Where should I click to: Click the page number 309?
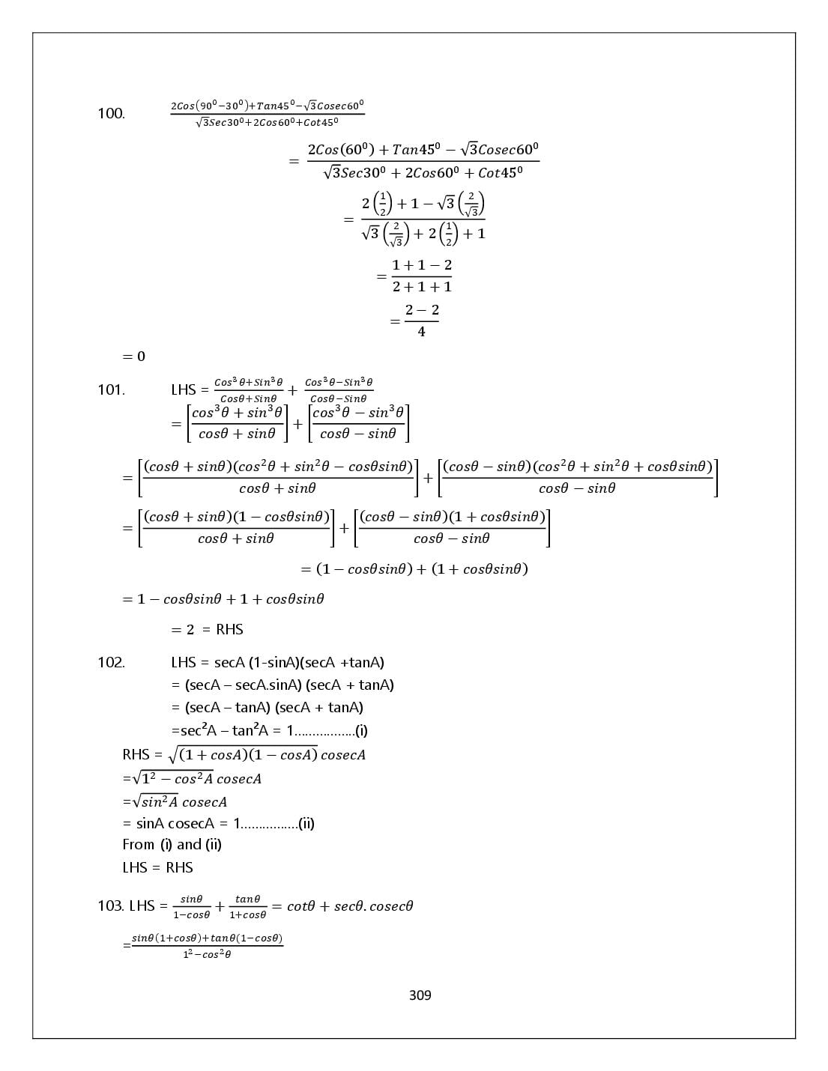point(420,995)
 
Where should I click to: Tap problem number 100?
point(111,113)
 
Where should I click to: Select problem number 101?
point(111,390)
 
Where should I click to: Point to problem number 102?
point(111,662)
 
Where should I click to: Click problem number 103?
point(110,906)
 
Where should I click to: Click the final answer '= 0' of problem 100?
point(133,357)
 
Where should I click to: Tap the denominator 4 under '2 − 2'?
point(421,332)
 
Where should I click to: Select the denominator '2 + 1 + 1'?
point(422,287)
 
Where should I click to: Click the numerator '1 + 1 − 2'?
point(422,265)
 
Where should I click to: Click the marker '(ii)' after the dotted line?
point(306,824)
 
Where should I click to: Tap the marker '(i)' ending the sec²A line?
point(361,730)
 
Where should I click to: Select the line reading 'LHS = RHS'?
point(157,867)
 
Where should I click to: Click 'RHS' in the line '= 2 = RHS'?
point(229,629)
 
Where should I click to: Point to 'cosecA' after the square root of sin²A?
point(205,802)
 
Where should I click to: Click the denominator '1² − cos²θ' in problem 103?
point(207,954)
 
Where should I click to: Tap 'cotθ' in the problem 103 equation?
point(300,906)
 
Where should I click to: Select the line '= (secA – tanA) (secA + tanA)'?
point(268,708)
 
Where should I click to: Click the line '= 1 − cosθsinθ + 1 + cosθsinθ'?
point(223,599)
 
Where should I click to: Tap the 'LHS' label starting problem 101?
point(184,390)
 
